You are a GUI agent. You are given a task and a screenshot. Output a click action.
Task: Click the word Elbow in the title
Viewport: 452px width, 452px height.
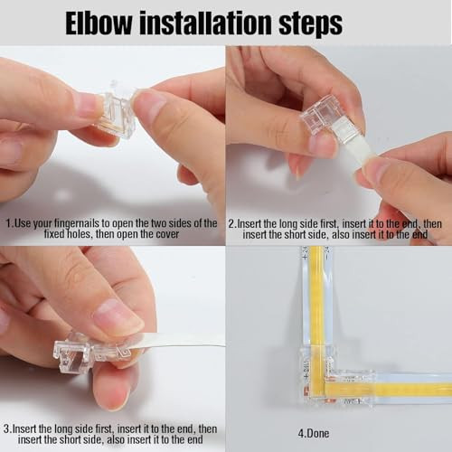pyautogui.click(x=99, y=24)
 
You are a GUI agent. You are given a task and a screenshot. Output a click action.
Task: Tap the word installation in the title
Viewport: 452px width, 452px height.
pyautogui.click(x=205, y=24)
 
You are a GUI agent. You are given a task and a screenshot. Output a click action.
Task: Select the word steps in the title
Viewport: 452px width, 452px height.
pyautogui.click(x=310, y=25)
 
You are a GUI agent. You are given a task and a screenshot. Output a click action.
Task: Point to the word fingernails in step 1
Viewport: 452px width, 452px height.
pyautogui.click(x=78, y=224)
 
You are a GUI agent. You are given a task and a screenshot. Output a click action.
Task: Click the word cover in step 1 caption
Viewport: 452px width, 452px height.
pyautogui.click(x=167, y=234)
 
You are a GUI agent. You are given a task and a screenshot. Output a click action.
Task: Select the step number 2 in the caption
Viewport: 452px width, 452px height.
pyautogui.click(x=231, y=224)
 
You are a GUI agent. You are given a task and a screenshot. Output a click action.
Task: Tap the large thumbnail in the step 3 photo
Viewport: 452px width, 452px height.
pyautogui.click(x=118, y=316)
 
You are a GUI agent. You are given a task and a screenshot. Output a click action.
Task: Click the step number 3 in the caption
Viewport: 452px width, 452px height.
pyautogui.click(x=6, y=428)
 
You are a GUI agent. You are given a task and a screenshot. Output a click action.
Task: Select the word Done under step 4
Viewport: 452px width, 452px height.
pyautogui.click(x=317, y=434)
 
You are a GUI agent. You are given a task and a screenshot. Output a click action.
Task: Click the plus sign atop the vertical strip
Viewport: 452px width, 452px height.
pyautogui.click(x=305, y=257)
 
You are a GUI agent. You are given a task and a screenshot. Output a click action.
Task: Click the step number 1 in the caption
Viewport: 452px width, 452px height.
pyautogui.click(x=8, y=224)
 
